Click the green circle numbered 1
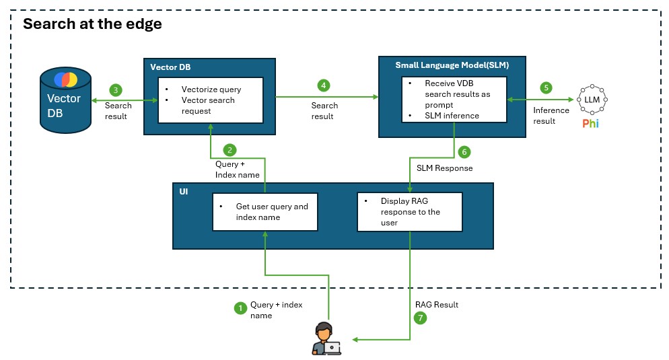239,309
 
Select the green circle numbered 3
116,89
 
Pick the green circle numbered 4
324,85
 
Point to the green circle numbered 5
546,87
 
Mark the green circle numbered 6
463,152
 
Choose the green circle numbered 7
421,319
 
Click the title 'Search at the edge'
92,25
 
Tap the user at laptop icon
326,338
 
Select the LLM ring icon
592,100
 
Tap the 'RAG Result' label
437,305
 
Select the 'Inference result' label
551,116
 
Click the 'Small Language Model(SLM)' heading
452,66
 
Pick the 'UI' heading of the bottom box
184,192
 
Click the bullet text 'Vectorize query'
211,89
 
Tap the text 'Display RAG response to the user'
410,211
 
